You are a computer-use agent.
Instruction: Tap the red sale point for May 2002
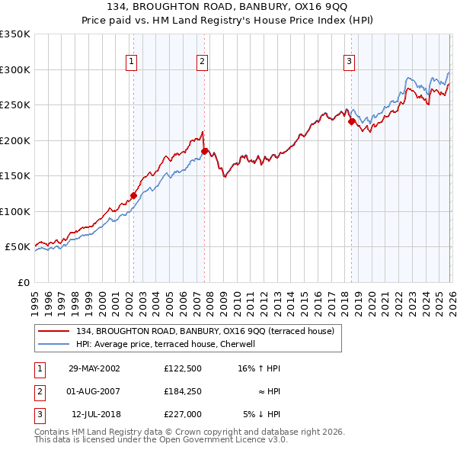click(133, 195)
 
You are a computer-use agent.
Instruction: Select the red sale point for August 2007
click(204, 151)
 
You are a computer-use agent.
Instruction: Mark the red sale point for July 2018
click(351, 121)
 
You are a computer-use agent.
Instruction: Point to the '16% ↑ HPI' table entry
click(258, 368)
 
